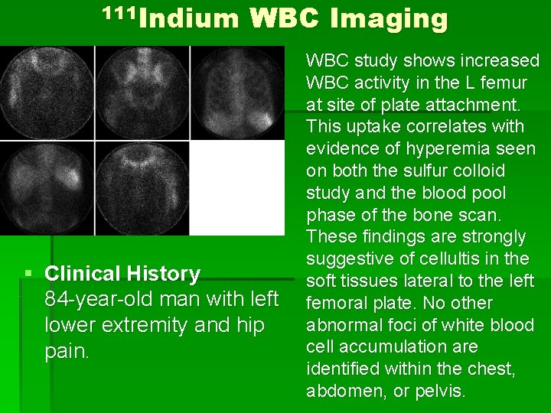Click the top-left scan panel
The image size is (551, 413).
pyautogui.click(x=47, y=93)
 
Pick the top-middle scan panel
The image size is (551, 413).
pyautogui.click(x=142, y=93)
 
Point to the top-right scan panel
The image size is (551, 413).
pyautogui.click(x=236, y=93)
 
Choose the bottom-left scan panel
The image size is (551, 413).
pyautogui.click(x=47, y=188)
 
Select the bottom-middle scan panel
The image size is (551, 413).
pyautogui.click(x=142, y=188)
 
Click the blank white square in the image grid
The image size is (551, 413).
pyautogui.click(x=236, y=188)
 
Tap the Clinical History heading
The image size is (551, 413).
pyautogui.click(x=122, y=274)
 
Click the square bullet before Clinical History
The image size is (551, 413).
pyautogui.click(x=28, y=274)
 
